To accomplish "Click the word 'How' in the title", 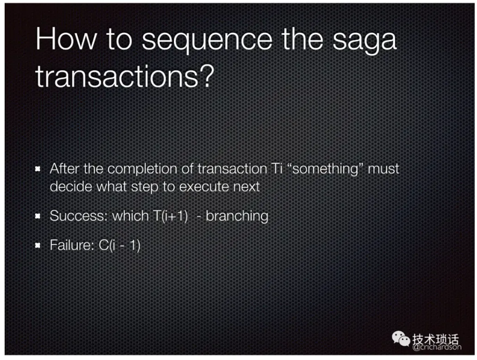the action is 66,39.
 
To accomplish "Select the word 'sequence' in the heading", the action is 207,41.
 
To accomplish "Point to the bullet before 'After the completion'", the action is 38,168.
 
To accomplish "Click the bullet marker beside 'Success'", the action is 38,216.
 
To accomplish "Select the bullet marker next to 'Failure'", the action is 38,245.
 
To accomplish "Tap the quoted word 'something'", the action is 325,169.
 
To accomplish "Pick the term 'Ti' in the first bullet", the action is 277,168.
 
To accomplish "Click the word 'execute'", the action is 204,187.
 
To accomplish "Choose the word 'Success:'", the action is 79,216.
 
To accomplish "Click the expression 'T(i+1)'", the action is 170,216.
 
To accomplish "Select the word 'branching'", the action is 237,217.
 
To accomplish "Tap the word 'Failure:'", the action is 72,245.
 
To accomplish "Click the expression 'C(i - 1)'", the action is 120,245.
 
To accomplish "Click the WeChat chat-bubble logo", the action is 401,338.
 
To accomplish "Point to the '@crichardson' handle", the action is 437,347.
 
